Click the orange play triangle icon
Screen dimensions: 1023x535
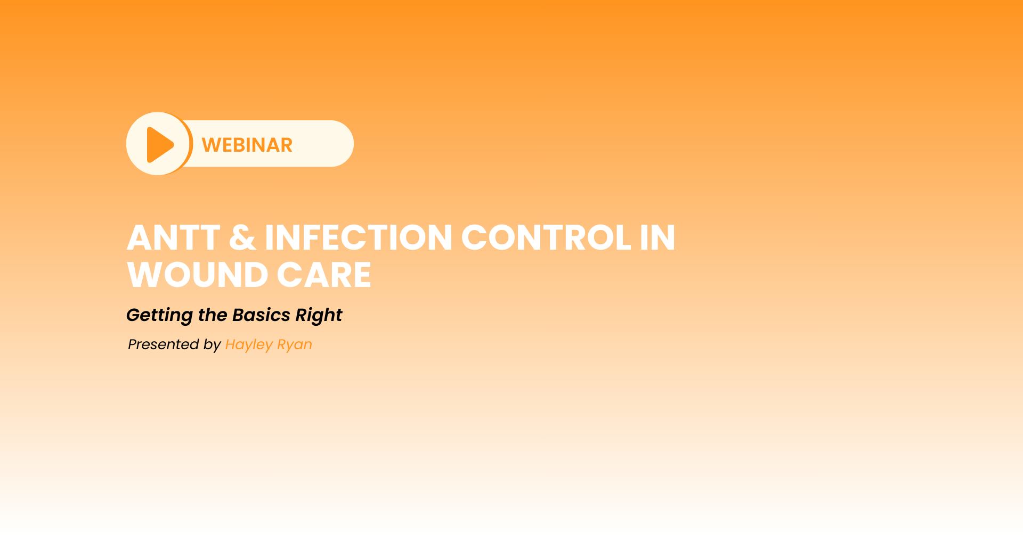pos(160,145)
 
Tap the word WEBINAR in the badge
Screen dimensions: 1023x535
pos(247,145)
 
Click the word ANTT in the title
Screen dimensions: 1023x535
pos(174,237)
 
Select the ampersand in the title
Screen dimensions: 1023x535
pos(242,237)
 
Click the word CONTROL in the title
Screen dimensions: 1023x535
pos(546,237)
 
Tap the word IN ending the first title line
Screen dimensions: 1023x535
pos(657,237)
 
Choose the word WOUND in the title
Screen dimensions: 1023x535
pos(197,275)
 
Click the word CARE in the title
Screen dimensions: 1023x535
pos(324,275)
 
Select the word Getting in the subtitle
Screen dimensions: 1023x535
pos(159,316)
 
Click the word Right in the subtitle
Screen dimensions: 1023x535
pos(319,316)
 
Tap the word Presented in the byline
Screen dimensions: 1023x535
pos(164,344)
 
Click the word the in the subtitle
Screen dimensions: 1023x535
pos(213,315)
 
